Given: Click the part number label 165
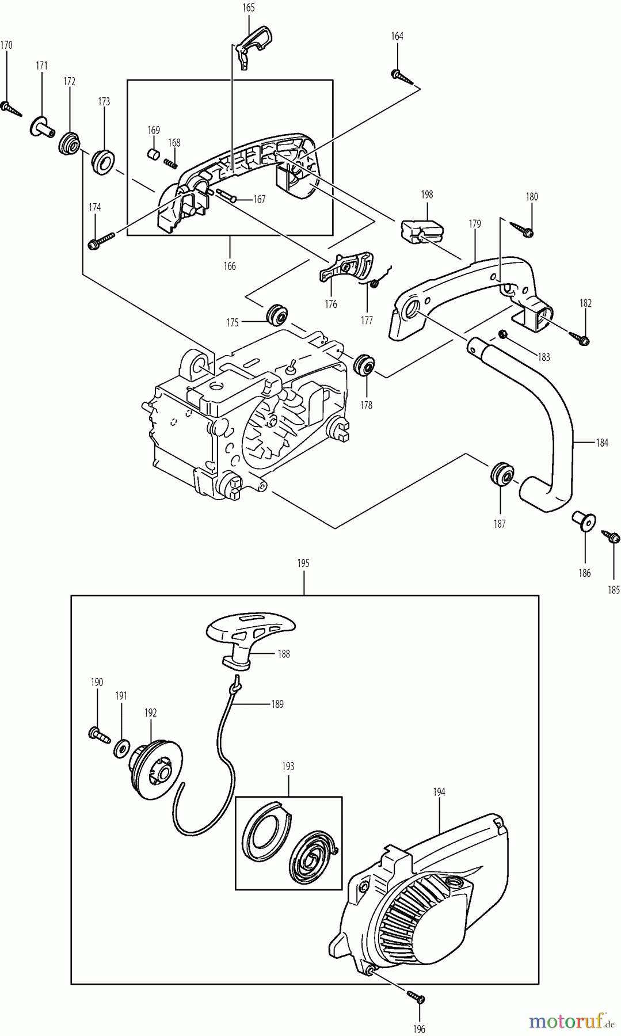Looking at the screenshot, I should [x=249, y=8].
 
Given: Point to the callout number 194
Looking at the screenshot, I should [x=439, y=792].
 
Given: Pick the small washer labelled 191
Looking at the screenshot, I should [x=121, y=748].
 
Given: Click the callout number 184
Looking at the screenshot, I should [x=602, y=443].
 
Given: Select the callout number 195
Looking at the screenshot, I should [x=303, y=563].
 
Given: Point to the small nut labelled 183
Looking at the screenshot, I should [x=502, y=334].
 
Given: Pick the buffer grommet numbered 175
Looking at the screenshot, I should [x=277, y=315].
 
